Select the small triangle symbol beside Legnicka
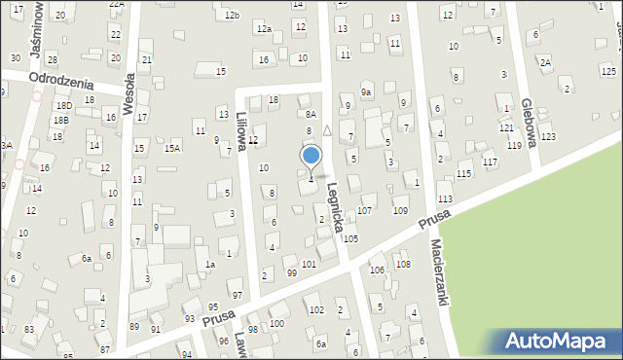pyautogui.click(x=327, y=129)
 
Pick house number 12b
pyautogui.click(x=231, y=16)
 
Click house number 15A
pyautogui.click(x=172, y=148)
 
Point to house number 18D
pyautogui.click(x=64, y=105)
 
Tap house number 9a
pyautogui.click(x=366, y=92)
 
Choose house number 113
pyautogui.click(x=445, y=198)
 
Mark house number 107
pyautogui.click(x=366, y=210)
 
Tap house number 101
pyautogui.click(x=309, y=264)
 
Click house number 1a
pyautogui.click(x=209, y=264)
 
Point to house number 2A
pyautogui.click(x=545, y=62)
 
